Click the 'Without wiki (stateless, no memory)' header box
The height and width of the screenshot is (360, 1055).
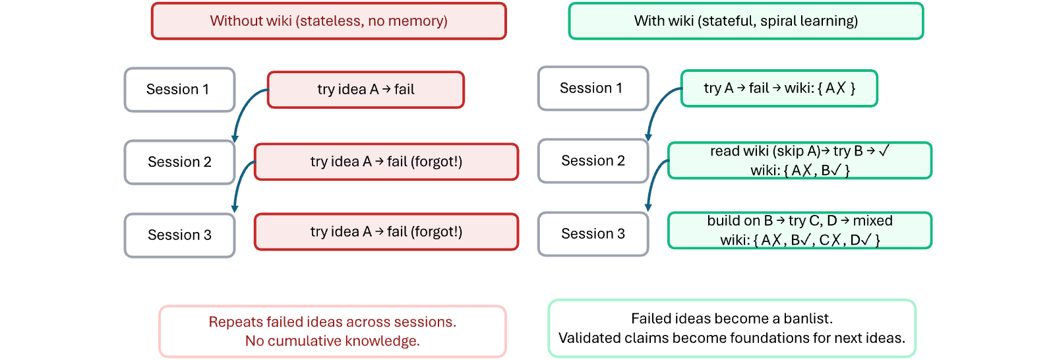coord(329,21)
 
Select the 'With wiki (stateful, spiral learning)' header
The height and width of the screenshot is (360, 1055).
coord(746,21)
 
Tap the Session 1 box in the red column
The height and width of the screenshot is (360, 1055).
coord(179,90)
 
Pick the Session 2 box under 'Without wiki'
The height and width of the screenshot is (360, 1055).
coord(179,162)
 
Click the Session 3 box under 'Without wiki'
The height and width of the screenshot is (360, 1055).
coord(179,235)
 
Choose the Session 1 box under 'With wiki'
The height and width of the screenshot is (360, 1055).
coord(593,88)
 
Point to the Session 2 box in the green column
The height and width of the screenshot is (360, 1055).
coord(593,161)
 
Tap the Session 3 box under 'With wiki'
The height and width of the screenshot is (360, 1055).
coord(593,233)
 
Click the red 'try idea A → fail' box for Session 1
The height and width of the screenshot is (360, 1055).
coord(366,90)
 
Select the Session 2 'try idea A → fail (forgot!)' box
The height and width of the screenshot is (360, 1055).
coord(386,162)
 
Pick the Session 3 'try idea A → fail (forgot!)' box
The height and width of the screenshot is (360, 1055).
coord(386,231)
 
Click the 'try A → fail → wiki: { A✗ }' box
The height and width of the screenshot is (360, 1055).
coord(779,88)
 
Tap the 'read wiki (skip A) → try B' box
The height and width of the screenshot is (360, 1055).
coord(800,160)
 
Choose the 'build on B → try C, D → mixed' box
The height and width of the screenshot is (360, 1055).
coord(800,230)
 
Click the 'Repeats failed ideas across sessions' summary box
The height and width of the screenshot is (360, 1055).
coord(332,331)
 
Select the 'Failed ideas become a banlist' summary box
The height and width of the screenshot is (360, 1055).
coord(732,328)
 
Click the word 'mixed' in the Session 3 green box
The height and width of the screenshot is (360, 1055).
coord(873,220)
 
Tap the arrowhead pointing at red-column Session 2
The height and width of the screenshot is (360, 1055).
coord(235,139)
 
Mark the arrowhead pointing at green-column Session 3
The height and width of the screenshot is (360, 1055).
coord(648,207)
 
